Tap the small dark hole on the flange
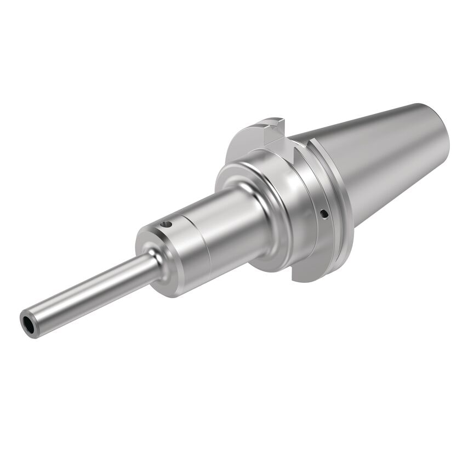click(x=324, y=213)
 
